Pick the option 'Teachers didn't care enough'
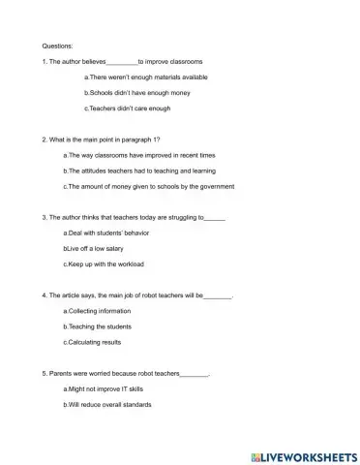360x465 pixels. tap(128, 108)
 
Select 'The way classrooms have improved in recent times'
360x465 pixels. tap(132, 154)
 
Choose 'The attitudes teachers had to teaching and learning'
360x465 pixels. tap(137, 170)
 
